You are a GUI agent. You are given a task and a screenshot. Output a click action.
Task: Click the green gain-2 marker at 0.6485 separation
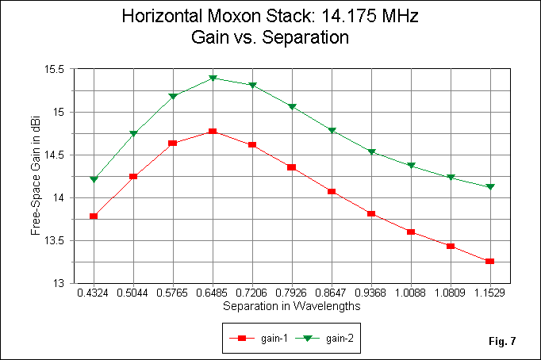[x=213, y=78]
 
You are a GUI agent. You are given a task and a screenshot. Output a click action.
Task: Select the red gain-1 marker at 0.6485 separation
[x=213, y=132]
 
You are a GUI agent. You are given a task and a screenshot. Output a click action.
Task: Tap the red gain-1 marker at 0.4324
[x=94, y=216]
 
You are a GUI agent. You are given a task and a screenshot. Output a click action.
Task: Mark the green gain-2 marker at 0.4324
[x=94, y=179]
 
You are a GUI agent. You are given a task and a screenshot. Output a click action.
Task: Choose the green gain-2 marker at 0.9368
[x=371, y=152]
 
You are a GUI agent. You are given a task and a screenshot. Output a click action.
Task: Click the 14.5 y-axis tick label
[x=56, y=155]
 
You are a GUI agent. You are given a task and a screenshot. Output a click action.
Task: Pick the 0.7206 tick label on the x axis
[x=252, y=293]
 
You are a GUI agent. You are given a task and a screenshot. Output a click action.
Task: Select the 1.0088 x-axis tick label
[x=411, y=293]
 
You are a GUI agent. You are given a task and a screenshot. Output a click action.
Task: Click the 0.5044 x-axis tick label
[x=133, y=293]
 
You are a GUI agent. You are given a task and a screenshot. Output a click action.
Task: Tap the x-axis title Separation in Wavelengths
[x=292, y=305]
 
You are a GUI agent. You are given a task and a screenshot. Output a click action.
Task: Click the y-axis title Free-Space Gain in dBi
[x=36, y=176]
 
